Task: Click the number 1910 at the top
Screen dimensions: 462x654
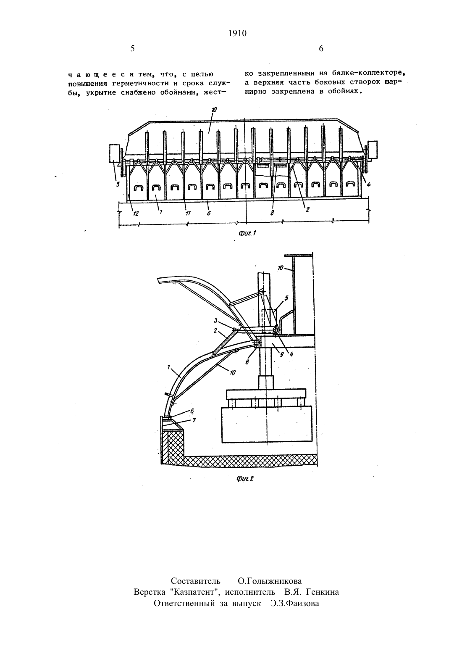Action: point(237,34)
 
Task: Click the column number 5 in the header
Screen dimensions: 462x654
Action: point(132,49)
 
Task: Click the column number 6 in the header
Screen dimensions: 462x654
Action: point(321,49)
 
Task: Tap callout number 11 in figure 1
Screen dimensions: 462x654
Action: point(188,214)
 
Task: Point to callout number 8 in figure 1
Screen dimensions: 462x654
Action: point(272,213)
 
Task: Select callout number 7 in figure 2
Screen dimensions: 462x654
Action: point(194,420)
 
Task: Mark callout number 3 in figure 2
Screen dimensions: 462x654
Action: point(216,321)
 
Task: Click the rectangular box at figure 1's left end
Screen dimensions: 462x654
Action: point(114,153)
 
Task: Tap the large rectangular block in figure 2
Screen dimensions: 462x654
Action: point(267,425)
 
